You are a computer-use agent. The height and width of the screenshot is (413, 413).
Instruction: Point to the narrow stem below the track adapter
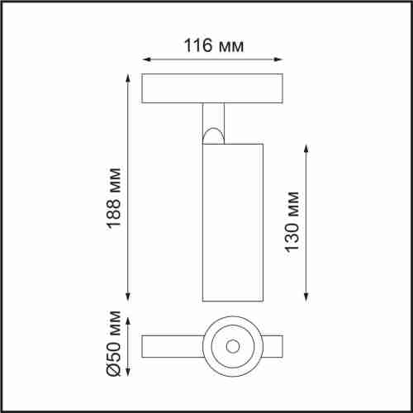(x=214, y=116)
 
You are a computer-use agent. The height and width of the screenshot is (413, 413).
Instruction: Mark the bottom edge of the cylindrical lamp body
(x=231, y=301)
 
